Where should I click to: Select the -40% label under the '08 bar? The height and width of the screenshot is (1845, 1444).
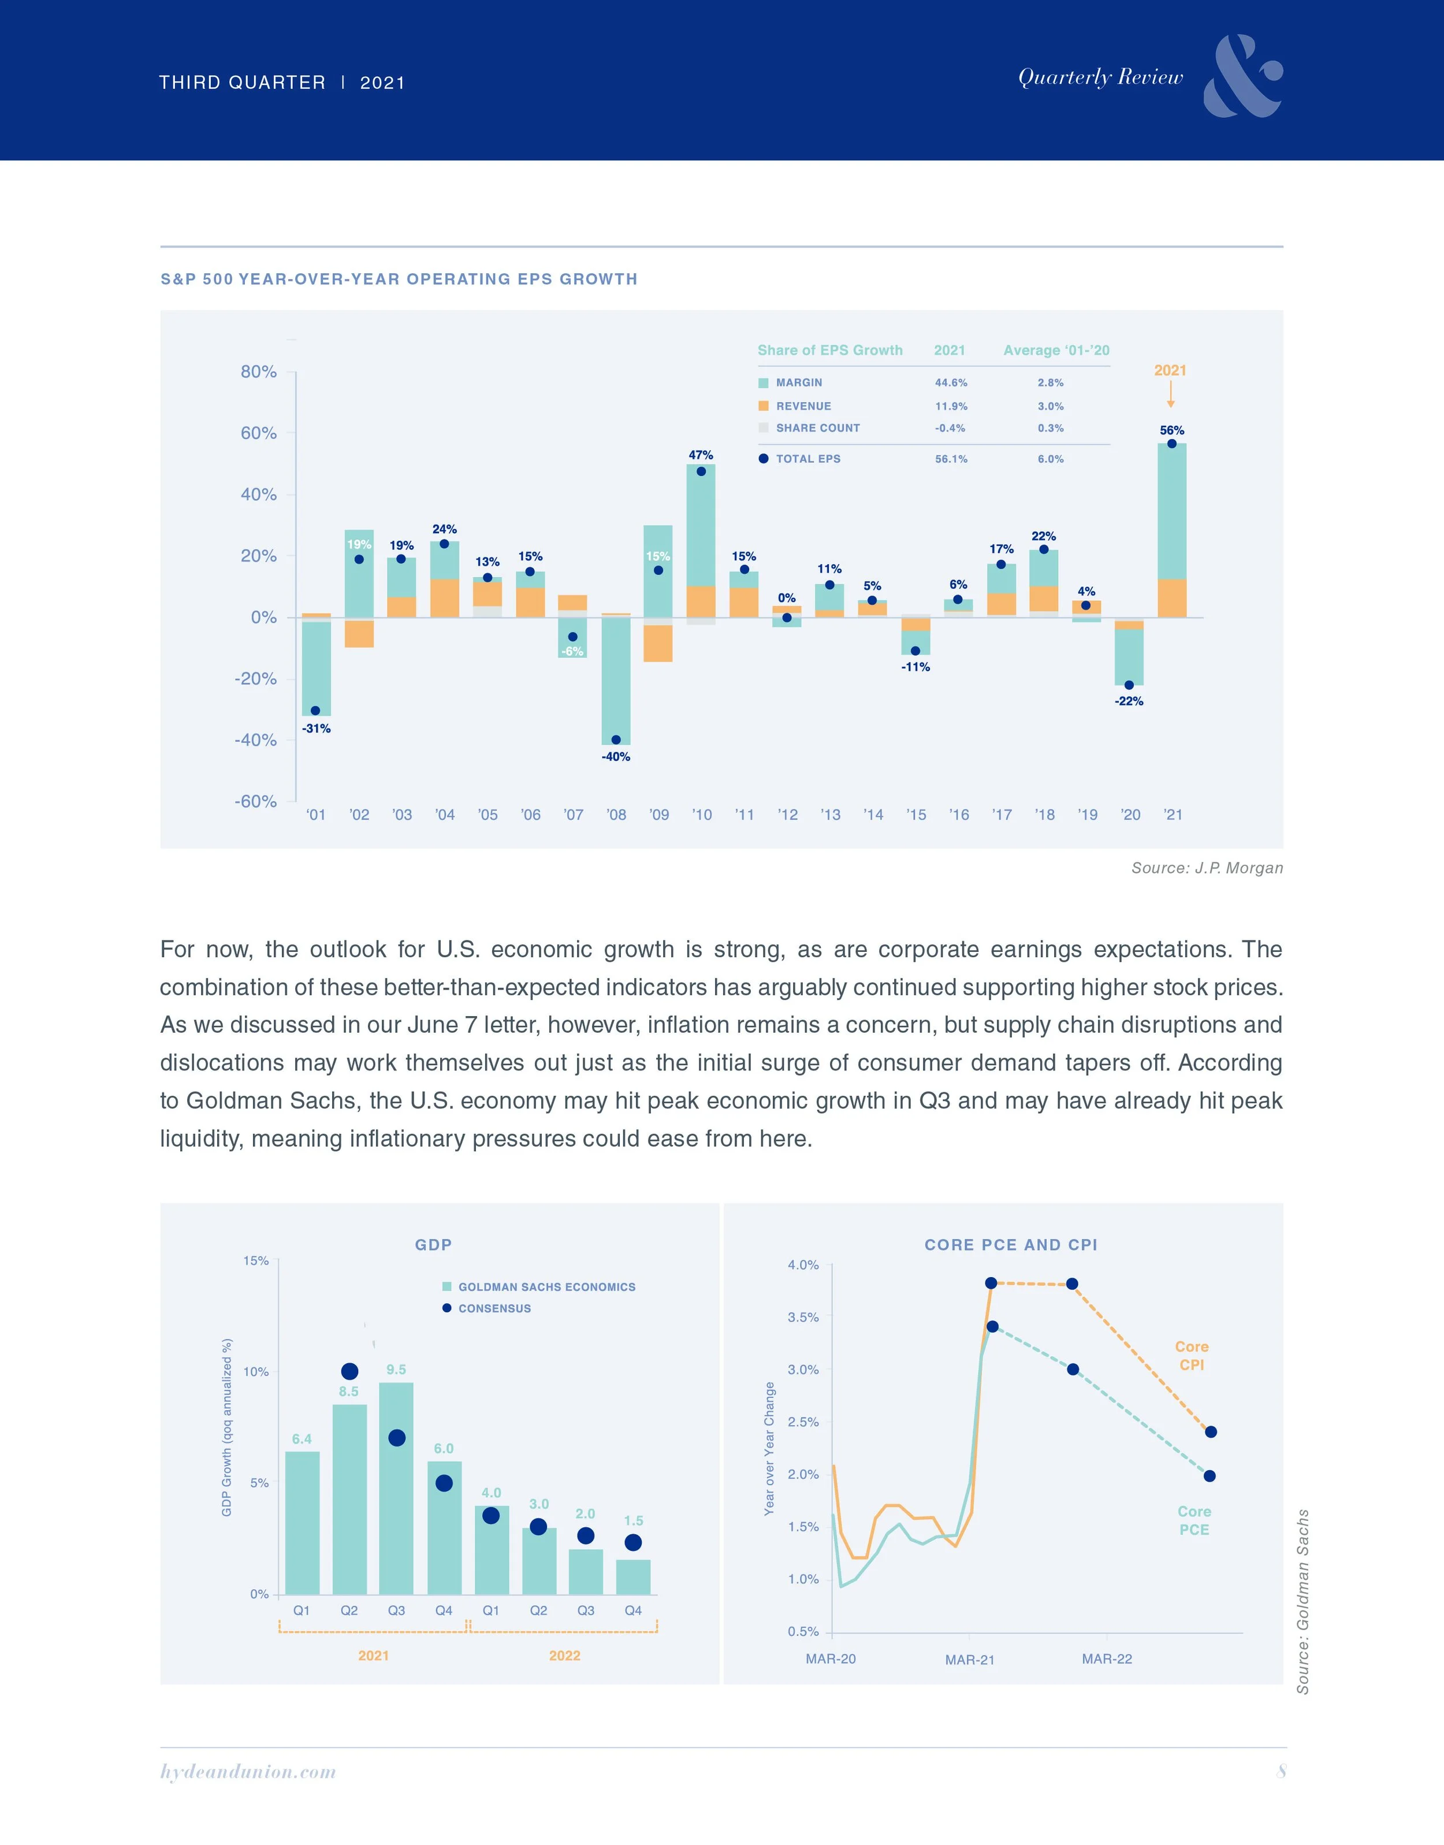pyautogui.click(x=616, y=757)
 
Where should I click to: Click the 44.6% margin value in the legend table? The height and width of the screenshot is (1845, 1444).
pyautogui.click(x=950, y=383)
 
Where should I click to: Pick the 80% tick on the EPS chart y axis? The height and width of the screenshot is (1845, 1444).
pyautogui.click(x=259, y=372)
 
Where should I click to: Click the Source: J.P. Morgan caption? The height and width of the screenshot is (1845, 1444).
pyautogui.click(x=1207, y=868)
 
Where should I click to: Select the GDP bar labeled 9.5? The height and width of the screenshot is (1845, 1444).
pyautogui.click(x=396, y=1488)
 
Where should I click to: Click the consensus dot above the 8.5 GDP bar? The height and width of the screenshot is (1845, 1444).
pyautogui.click(x=349, y=1371)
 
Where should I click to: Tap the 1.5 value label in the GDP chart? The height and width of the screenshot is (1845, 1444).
pyautogui.click(x=633, y=1520)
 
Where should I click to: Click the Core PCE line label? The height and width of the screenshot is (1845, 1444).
pyautogui.click(x=1194, y=1520)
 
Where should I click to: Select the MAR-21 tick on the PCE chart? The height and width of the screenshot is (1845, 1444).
pyautogui.click(x=970, y=1660)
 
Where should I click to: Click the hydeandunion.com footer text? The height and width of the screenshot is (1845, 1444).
pyautogui.click(x=248, y=1772)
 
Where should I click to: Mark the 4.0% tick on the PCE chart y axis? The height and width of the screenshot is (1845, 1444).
pyautogui.click(x=803, y=1265)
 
